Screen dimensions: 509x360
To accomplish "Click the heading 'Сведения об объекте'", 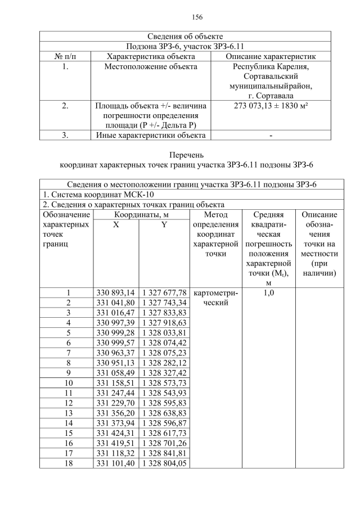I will click(185, 36).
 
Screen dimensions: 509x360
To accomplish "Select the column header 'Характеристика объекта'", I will click(151, 56).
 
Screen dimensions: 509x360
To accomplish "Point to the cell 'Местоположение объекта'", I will click(151, 67).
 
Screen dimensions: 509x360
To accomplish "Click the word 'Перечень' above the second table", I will click(185, 155).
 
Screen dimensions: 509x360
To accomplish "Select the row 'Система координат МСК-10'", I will click(98, 195).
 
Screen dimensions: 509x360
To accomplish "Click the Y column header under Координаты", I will click(164, 224).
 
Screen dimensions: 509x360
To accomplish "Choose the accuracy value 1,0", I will click(268, 293).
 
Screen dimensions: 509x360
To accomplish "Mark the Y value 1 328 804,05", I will click(164, 463).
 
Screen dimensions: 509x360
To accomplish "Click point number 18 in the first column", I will click(68, 463).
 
